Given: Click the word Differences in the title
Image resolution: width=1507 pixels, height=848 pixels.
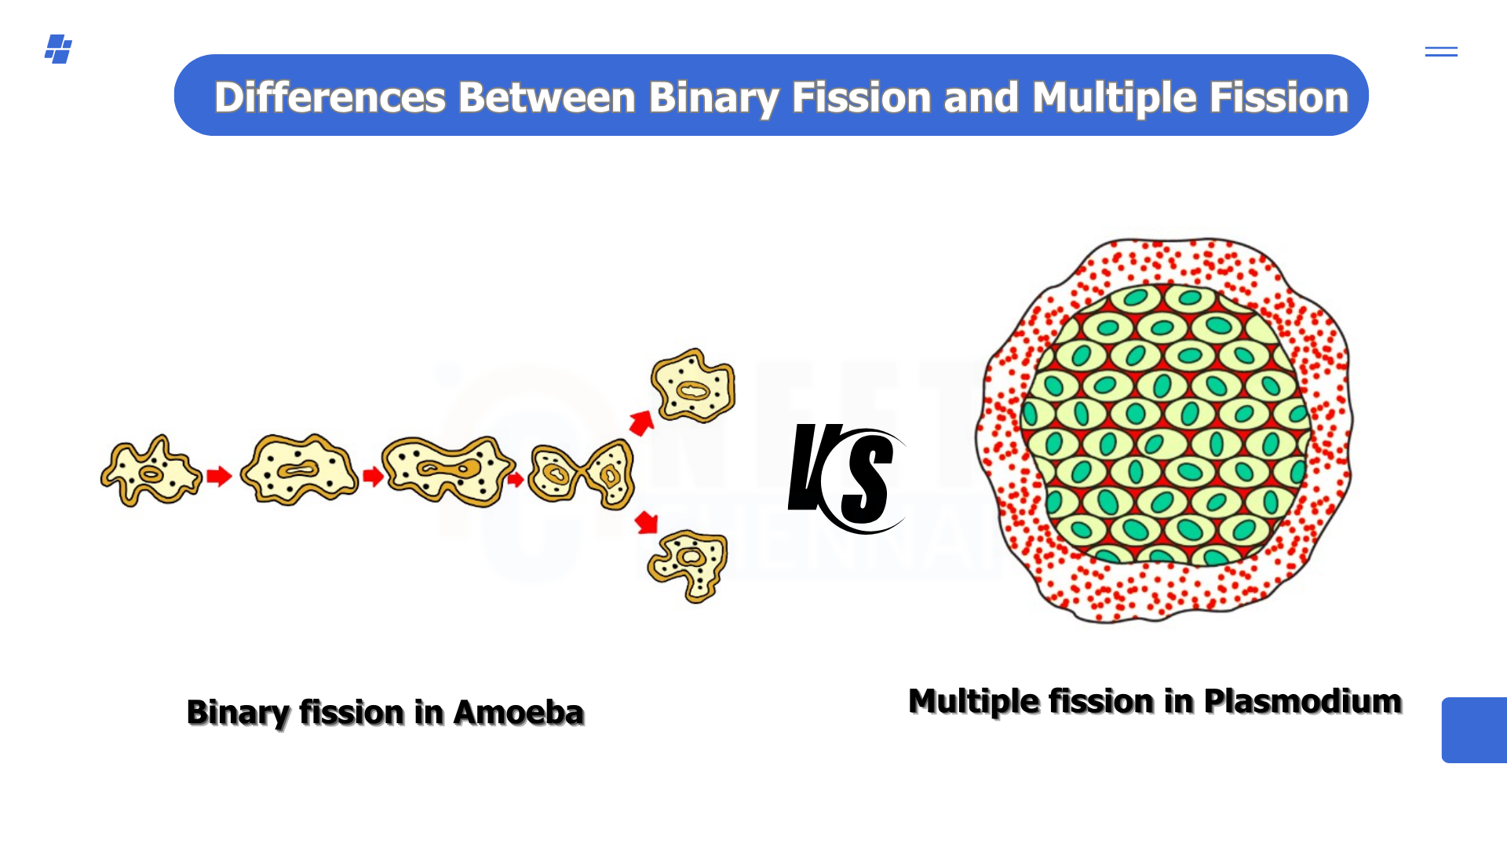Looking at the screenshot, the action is tap(330, 97).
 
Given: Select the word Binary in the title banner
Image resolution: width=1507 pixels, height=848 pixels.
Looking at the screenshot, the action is tap(713, 99).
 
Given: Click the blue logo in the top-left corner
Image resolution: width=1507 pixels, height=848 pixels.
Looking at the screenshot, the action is tap(58, 49).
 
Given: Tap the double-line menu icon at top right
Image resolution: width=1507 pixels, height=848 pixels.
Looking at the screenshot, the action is tap(1441, 52).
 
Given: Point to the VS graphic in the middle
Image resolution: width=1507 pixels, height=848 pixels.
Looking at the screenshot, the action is tap(847, 478).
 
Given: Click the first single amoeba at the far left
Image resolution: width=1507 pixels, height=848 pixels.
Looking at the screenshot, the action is tap(151, 471).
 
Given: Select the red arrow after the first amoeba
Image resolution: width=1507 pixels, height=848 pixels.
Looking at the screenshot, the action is tap(219, 476).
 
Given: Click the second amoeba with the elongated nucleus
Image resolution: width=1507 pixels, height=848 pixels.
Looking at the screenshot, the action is tap(299, 469).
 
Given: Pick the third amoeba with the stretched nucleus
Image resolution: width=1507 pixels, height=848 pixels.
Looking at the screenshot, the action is tap(448, 470).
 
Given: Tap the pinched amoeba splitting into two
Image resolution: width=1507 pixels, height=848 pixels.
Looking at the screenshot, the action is tap(581, 473).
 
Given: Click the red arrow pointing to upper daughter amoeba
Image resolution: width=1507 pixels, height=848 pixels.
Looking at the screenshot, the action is tap(642, 422).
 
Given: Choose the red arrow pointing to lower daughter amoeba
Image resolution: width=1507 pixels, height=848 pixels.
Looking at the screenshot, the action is tap(646, 521).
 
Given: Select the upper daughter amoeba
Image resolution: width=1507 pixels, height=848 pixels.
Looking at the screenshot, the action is tap(693, 386).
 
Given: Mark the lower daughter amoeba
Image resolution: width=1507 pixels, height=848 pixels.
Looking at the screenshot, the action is tap(688, 566).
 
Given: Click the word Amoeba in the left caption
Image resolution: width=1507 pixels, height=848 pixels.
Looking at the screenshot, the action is tap(519, 713).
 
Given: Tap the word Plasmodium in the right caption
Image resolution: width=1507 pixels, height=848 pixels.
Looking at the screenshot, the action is tap(1303, 702).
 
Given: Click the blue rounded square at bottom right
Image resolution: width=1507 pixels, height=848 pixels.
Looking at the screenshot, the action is tap(1474, 730).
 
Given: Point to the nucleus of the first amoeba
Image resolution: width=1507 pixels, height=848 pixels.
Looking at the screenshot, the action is tap(151, 473).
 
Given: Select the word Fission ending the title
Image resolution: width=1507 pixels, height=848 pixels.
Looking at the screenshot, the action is tap(1279, 97).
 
